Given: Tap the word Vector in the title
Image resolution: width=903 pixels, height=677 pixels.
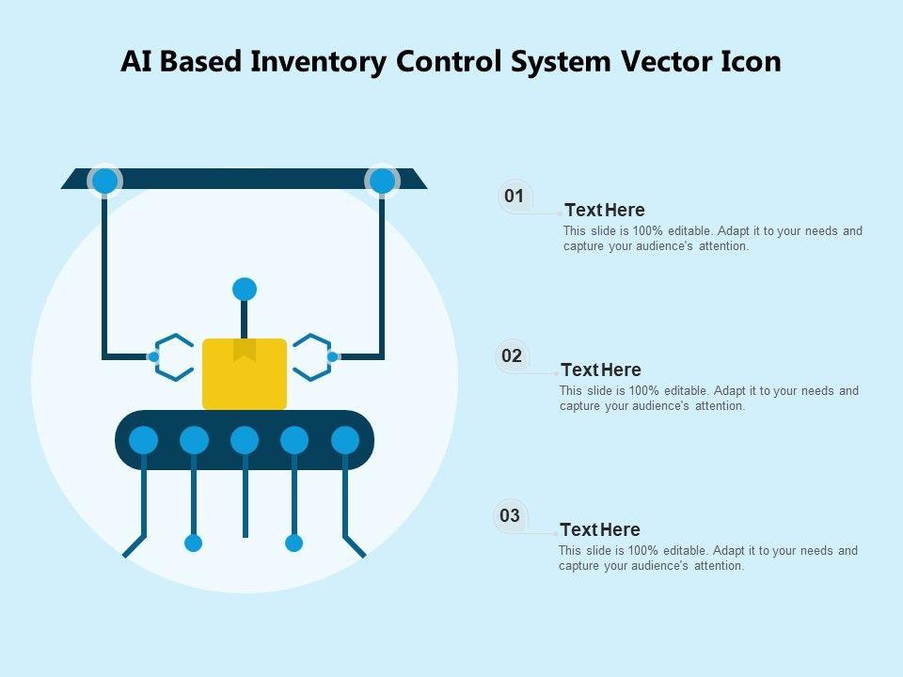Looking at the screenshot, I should click(x=661, y=61).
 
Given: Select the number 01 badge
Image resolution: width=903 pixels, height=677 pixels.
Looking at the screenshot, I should click(x=514, y=197).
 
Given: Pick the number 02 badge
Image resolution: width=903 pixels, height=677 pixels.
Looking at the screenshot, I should click(x=512, y=356).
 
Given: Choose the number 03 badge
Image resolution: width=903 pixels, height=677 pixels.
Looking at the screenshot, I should click(x=510, y=515).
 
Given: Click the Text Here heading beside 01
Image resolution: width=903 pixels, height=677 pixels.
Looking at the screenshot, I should click(x=605, y=210).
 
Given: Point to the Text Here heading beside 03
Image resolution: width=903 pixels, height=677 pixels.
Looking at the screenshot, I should click(x=600, y=529).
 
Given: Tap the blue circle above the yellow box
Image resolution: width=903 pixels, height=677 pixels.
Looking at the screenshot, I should click(x=245, y=289).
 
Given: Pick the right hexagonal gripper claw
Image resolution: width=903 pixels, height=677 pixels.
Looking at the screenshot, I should click(x=311, y=356).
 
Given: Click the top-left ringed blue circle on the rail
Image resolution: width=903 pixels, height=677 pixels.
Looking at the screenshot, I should click(x=104, y=180).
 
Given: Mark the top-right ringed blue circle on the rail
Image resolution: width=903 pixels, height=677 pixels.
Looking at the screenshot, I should click(x=382, y=180).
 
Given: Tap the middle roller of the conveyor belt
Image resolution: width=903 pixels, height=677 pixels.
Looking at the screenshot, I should click(x=245, y=439).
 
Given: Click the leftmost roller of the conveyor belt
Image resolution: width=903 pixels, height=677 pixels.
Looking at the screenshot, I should click(x=144, y=439).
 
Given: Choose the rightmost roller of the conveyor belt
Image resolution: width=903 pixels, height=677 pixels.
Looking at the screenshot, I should click(x=345, y=439).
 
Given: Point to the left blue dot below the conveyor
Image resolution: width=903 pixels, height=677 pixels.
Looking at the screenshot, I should click(x=194, y=543).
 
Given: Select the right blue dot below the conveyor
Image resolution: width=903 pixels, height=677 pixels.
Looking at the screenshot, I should click(x=294, y=543).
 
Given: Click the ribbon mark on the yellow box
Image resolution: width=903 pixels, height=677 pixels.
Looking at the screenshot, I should click(x=245, y=350).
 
